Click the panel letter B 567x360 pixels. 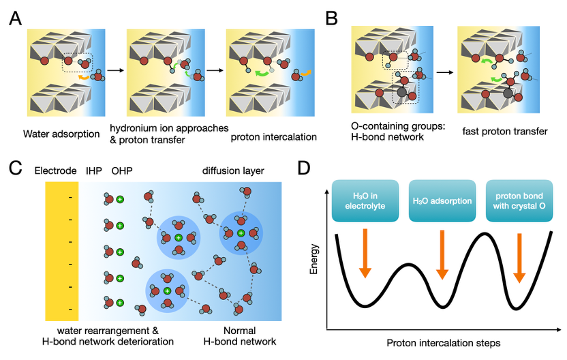click(x=332, y=18)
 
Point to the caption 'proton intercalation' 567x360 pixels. click(x=273, y=136)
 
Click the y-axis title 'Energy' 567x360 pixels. click(x=314, y=259)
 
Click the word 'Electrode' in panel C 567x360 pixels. click(x=55, y=170)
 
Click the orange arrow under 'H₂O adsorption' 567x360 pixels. click(x=442, y=254)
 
